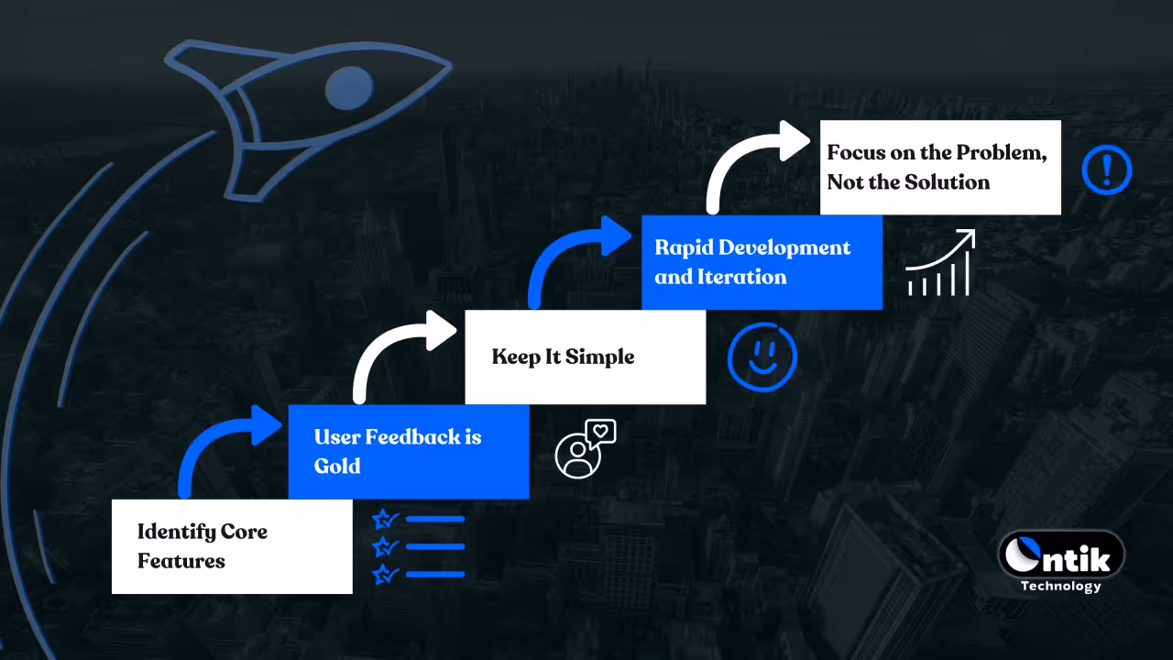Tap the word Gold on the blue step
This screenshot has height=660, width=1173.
point(337,466)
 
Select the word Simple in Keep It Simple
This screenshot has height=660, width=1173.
point(599,357)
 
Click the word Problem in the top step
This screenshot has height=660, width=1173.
point(1001,153)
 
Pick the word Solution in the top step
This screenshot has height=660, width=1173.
point(948,182)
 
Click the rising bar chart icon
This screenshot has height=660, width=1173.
point(939,264)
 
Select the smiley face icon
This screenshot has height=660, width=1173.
point(762,356)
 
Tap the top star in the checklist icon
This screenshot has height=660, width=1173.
point(384,520)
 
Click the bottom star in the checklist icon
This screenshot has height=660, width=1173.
point(384,575)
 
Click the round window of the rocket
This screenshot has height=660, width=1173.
point(349,88)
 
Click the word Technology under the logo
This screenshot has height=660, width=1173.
point(1060,586)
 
